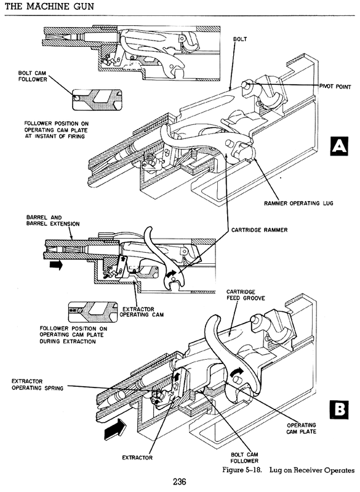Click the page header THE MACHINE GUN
coord(50,6)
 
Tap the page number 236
coord(180,482)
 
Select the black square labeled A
coord(339,146)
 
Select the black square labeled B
coord(339,409)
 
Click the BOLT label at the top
coord(240,39)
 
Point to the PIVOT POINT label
coord(335,87)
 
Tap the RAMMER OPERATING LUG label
coord(298,204)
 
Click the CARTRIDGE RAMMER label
coord(259,230)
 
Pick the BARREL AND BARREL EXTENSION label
coord(53,221)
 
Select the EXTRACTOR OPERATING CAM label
coord(142,312)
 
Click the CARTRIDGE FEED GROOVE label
coord(246,295)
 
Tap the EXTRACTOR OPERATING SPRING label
coord(38,385)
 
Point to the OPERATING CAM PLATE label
coord(302,428)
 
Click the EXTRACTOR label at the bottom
coord(137,458)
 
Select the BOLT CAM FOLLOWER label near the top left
coord(33,76)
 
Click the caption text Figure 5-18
coord(241,470)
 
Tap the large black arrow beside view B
coord(116,428)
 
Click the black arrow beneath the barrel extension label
coord(56,265)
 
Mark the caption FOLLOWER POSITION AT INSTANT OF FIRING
coord(56,130)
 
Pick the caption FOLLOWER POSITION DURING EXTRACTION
coord(73,335)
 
